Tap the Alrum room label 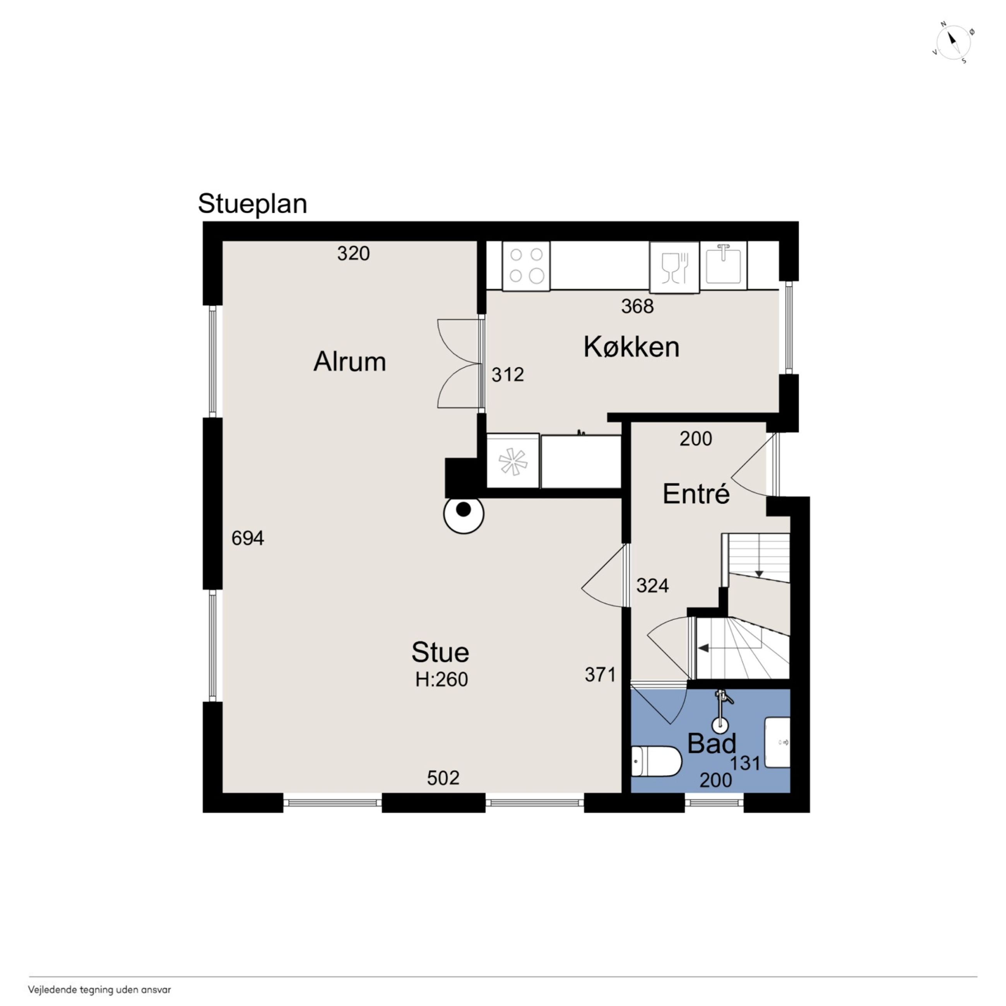(349, 361)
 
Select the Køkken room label (631, 347)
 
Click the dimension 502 (443, 778)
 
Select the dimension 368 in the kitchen (637, 306)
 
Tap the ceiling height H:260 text (441, 679)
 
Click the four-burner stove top (526, 265)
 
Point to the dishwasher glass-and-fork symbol (674, 267)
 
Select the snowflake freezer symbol (513, 461)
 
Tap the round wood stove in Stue (464, 513)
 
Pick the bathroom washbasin (777, 743)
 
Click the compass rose (953, 43)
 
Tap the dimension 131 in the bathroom (745, 763)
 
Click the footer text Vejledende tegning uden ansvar (99, 990)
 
